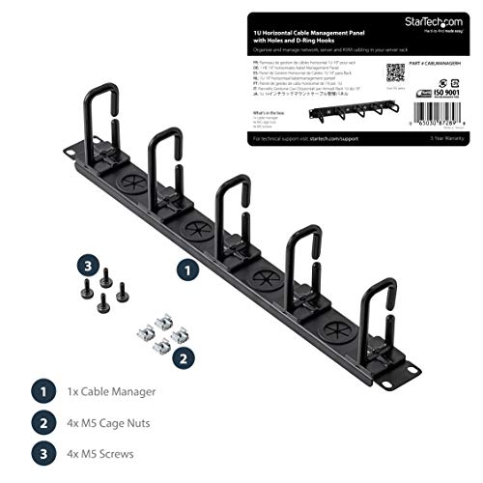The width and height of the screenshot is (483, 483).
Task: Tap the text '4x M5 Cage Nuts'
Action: click(x=118, y=422)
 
